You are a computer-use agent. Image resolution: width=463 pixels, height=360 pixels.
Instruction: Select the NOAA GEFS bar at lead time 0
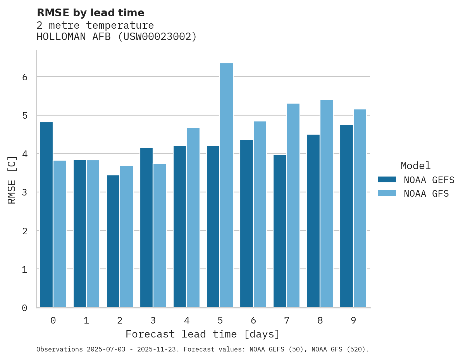point(46,215)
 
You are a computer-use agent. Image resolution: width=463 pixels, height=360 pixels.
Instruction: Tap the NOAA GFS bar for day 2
point(126,237)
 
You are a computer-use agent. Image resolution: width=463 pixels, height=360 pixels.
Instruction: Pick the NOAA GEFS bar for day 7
point(280,231)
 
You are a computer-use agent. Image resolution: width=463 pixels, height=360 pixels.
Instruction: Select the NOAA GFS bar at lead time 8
point(326,204)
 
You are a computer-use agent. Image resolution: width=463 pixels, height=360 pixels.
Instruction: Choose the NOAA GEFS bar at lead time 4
point(180,227)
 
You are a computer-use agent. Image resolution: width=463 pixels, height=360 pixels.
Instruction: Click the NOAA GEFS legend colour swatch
point(387,180)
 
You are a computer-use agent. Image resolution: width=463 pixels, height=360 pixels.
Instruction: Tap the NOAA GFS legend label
point(426,194)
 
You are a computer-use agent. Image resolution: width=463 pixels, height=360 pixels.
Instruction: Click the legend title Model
point(415,166)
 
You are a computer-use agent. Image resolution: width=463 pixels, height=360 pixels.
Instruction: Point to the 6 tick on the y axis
point(24,77)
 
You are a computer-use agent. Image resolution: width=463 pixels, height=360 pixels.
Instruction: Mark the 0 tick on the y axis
point(24,308)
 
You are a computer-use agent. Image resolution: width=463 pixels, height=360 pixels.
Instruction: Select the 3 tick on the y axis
point(24,192)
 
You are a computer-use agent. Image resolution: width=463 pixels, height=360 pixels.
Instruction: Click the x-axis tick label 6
point(253,321)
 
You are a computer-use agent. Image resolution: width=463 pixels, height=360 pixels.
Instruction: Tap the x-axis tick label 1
point(86,321)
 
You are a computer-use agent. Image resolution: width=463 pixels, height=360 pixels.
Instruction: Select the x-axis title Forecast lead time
point(202,334)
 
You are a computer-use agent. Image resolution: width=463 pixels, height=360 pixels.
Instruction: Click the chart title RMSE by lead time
point(90,13)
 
